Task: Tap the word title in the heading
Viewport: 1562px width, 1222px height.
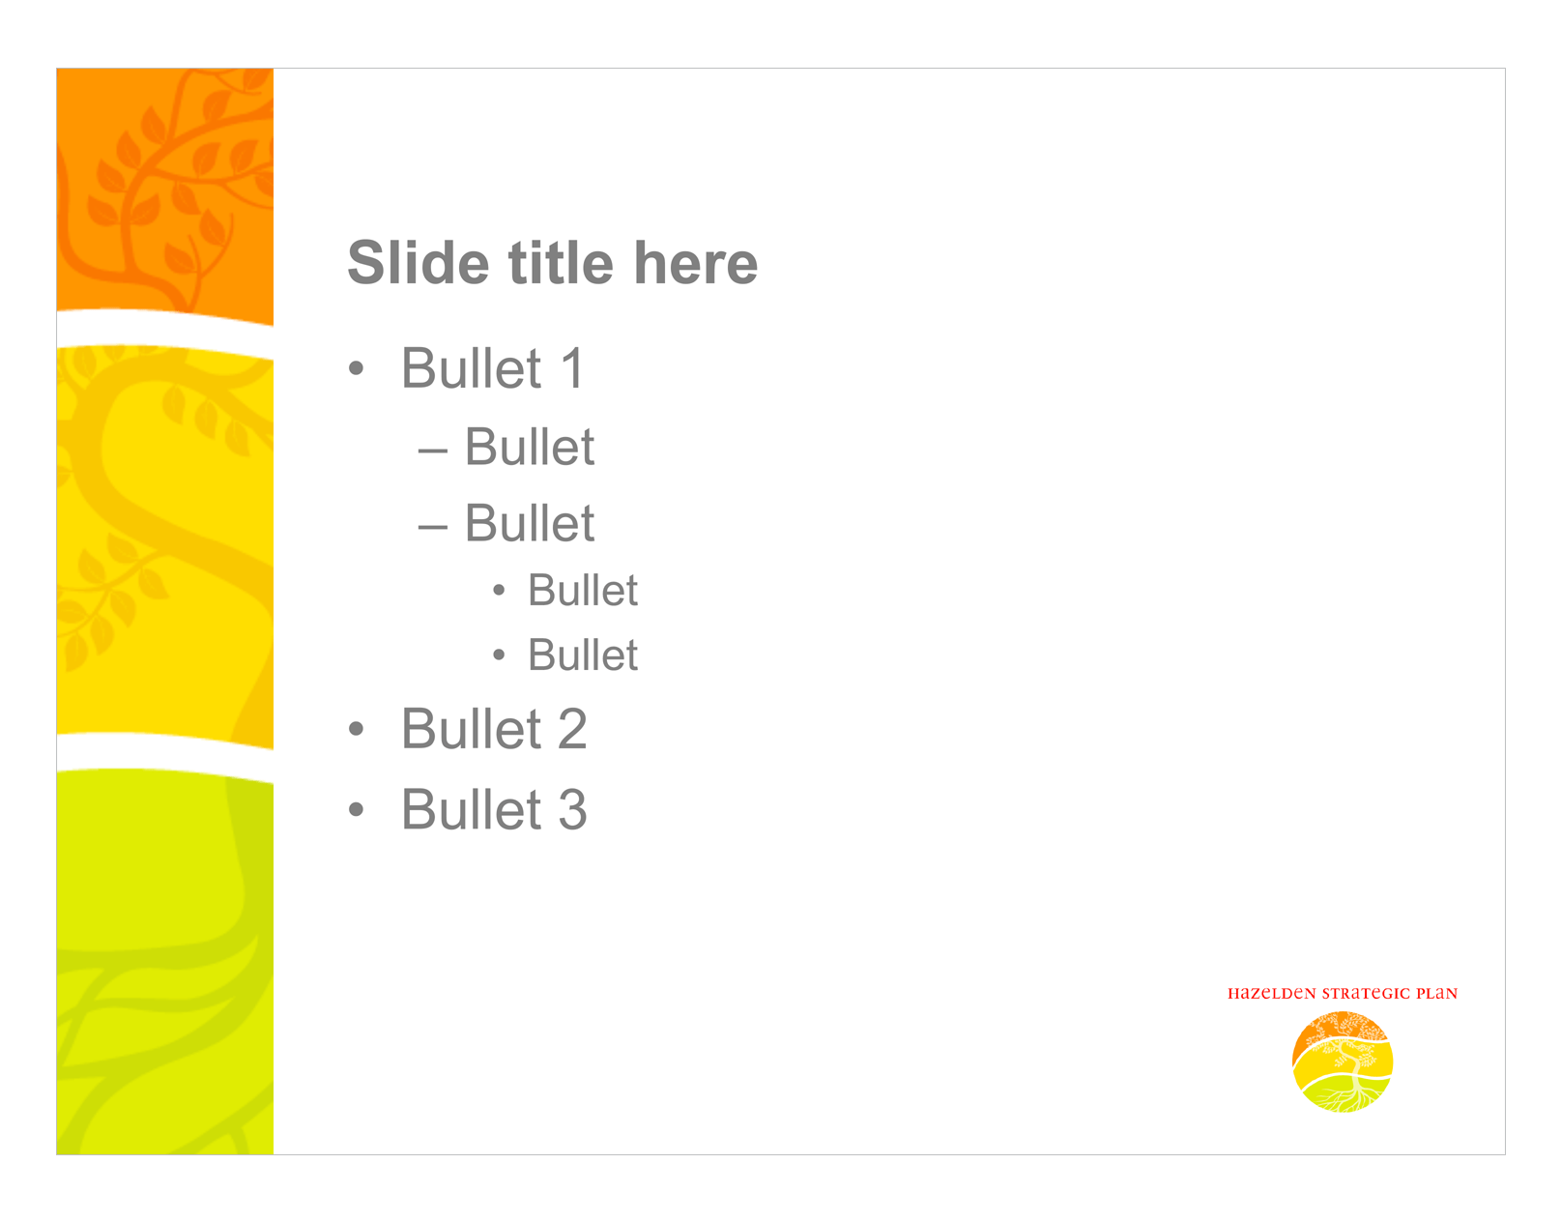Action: (561, 263)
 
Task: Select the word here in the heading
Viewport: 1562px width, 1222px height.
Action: (695, 263)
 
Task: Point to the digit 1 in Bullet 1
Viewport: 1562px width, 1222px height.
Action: (572, 369)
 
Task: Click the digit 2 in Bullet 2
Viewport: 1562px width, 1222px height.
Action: (572, 730)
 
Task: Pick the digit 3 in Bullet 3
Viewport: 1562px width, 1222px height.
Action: (572, 810)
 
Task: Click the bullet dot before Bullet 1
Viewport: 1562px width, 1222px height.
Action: (357, 369)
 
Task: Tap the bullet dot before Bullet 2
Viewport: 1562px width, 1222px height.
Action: (357, 730)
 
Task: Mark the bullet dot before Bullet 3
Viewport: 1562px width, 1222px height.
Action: (357, 810)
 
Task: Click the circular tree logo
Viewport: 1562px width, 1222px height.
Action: (1343, 1062)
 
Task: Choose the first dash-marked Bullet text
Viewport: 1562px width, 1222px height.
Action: (530, 448)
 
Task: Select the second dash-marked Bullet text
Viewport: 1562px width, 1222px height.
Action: (530, 524)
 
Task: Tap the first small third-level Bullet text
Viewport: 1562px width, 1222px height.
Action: (583, 591)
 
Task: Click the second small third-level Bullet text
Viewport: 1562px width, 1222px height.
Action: (583, 655)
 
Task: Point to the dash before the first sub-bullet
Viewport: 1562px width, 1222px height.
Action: (432, 451)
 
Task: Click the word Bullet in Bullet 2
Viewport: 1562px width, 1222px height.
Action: (472, 730)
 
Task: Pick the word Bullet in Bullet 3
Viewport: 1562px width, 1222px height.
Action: (472, 810)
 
